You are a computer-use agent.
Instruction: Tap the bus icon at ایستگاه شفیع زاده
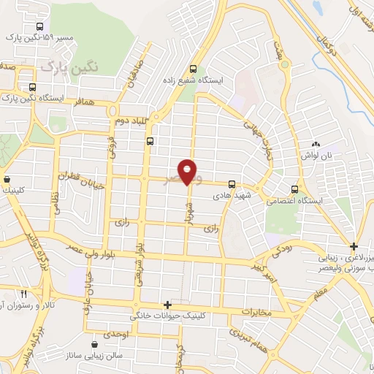tap(193, 63)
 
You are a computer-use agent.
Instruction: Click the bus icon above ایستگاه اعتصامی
tap(294, 188)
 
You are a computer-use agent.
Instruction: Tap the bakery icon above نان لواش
tap(316, 145)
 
